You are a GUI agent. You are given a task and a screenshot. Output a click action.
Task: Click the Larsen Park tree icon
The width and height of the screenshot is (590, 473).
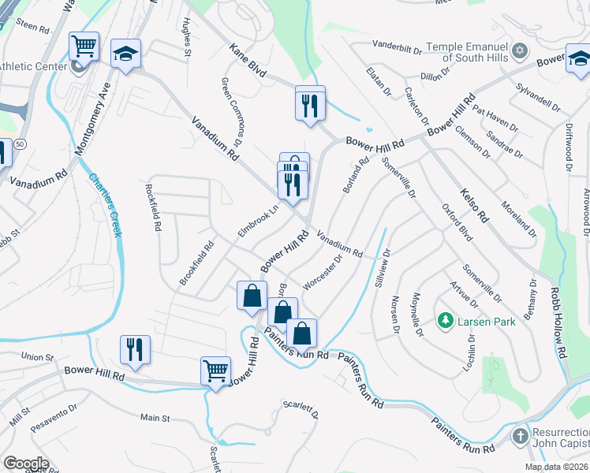[x=445, y=322]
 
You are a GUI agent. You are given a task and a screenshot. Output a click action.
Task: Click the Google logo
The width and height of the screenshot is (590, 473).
[x=26, y=464]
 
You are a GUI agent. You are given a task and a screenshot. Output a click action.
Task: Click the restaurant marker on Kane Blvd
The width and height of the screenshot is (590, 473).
[x=310, y=103]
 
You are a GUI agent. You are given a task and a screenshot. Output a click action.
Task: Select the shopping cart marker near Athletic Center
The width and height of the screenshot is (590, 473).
[x=84, y=46]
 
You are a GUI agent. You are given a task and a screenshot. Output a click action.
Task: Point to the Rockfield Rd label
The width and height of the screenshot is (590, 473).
[x=153, y=208]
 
